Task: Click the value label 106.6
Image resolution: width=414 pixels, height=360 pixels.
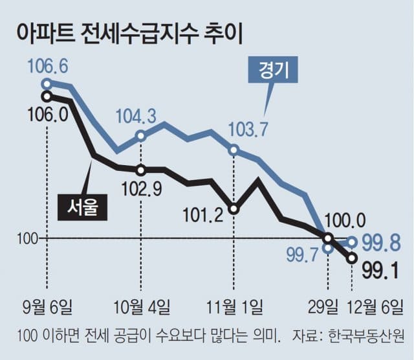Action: [x=48, y=66]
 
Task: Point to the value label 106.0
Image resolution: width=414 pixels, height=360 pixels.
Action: [x=48, y=114]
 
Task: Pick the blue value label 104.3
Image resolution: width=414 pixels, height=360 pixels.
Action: [x=136, y=117]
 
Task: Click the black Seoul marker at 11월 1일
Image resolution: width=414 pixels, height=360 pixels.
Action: [x=234, y=208]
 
